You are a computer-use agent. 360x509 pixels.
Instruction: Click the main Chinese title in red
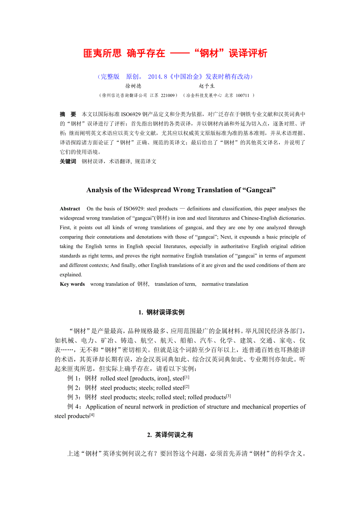coord(175,54)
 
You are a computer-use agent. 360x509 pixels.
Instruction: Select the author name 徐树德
coord(133,86)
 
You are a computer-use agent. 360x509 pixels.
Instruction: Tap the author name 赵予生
coord(207,86)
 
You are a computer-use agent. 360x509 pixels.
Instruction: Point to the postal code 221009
coord(169,95)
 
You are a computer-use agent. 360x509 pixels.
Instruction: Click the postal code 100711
coord(243,95)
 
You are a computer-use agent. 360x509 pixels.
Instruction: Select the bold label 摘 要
coord(68,114)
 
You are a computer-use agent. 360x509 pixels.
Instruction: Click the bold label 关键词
coord(68,161)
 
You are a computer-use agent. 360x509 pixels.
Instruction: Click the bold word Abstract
coord(70,209)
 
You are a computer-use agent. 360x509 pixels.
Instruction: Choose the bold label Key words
coord(72,284)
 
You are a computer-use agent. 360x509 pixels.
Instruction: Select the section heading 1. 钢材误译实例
coord(161,312)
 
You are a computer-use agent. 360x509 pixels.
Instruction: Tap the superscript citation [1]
coord(187,377)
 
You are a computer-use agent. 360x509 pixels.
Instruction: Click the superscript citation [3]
coord(229,396)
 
